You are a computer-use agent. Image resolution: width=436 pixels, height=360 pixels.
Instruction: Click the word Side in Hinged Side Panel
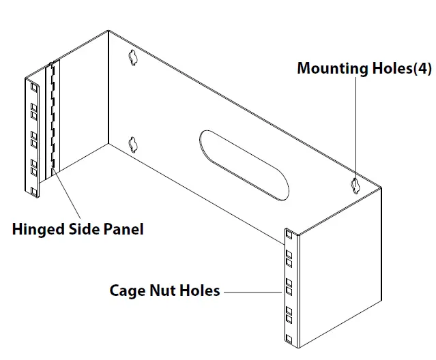[x=83, y=229]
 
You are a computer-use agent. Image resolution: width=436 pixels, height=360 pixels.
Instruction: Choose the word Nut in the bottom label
[x=164, y=291]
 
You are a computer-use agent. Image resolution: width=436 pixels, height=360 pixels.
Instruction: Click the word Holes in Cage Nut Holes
[x=200, y=291]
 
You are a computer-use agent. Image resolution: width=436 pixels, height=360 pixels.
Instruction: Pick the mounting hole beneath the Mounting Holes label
[x=355, y=184]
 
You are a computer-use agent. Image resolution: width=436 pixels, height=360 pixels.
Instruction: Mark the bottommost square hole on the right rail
[x=289, y=339]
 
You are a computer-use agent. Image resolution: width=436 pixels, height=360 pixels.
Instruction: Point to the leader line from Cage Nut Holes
[x=252, y=291]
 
